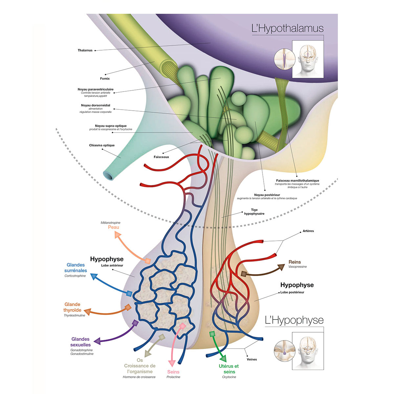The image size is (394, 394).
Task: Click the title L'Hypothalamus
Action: [287, 29]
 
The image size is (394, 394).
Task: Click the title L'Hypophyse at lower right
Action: [294, 320]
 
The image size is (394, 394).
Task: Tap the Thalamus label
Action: [85, 50]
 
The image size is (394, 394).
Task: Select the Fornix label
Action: [105, 78]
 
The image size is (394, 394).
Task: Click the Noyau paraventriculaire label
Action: [96, 89]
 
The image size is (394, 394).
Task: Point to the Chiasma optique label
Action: [102, 145]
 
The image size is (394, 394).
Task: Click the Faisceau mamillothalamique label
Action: [297, 181]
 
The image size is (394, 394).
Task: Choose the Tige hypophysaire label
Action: [254, 212]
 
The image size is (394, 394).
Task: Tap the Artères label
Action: [308, 231]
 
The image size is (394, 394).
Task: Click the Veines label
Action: [252, 359]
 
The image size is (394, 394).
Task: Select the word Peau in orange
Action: [114, 227]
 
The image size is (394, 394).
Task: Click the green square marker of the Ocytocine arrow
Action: [212, 334]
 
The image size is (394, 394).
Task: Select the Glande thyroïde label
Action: [72, 307]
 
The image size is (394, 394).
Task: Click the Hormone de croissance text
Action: [139, 377]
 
